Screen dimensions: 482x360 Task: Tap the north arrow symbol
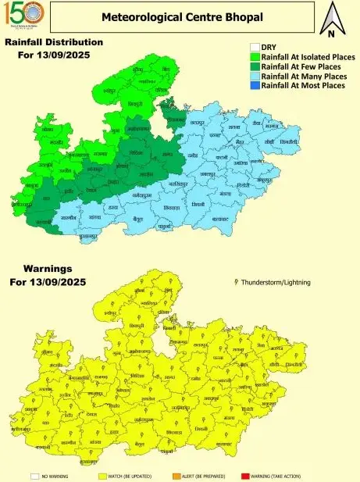point(331,16)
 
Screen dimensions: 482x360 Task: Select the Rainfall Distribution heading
point(54,42)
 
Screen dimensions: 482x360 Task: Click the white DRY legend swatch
point(255,47)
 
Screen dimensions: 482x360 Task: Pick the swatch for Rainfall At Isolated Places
point(255,57)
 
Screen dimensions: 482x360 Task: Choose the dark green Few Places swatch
point(255,66)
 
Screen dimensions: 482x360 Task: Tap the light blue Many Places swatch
point(255,76)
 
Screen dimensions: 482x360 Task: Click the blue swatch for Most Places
point(255,85)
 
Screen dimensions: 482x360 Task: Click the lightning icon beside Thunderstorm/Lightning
point(236,280)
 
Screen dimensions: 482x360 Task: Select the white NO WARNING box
point(34,474)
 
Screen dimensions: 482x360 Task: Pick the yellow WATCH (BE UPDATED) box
point(102,474)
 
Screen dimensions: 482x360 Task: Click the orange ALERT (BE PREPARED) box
point(176,474)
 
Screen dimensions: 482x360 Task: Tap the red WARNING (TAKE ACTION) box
point(246,474)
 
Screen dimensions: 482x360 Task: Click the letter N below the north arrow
point(331,34)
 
